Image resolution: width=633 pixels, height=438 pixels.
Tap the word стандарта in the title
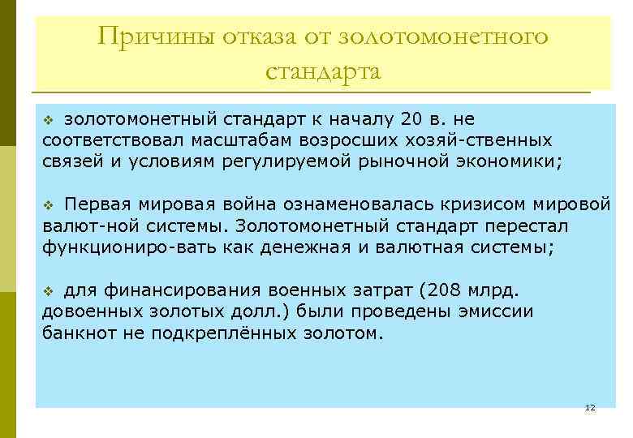click(323, 71)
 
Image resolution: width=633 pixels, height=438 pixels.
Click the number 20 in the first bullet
click(411, 120)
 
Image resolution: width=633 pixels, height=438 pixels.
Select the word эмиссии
click(489, 311)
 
